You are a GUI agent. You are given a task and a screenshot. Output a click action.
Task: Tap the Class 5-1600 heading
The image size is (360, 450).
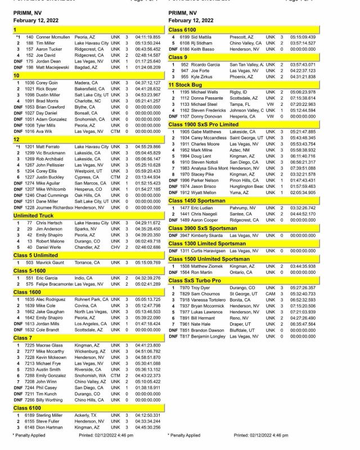31,271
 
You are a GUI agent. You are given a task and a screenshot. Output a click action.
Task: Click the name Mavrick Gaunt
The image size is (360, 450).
50,262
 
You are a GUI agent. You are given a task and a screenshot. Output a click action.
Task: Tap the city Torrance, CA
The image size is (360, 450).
89,262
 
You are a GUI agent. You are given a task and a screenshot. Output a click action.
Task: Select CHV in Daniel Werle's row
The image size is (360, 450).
115,246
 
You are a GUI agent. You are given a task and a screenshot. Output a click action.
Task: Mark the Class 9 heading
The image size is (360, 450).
178,57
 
